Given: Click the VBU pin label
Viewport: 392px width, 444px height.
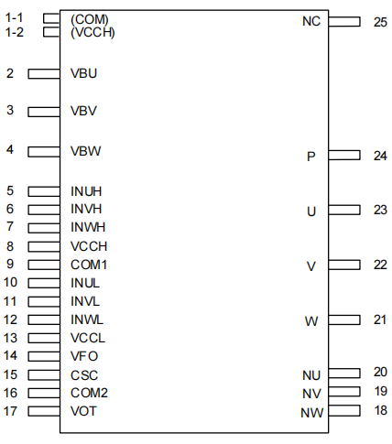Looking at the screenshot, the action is tap(83, 73).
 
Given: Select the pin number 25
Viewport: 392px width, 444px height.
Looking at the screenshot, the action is tap(380, 22).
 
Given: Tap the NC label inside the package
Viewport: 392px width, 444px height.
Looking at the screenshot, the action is tap(311, 21).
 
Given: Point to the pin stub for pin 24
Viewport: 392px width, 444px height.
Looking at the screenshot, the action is tap(344, 155).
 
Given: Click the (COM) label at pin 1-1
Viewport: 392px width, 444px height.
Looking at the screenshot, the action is tap(90, 20).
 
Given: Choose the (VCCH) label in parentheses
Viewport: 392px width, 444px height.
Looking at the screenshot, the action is tap(93, 33).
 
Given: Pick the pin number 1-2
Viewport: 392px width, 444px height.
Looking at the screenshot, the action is tap(15, 32).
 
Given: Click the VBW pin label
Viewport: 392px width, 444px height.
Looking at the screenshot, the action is tap(85, 151).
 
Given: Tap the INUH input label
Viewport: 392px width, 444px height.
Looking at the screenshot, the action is tap(86, 191).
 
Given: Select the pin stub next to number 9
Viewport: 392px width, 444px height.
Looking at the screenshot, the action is tap(44, 265).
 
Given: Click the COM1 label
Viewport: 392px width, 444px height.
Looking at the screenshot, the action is tap(89, 265).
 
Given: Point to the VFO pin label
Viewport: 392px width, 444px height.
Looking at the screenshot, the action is tap(84, 356).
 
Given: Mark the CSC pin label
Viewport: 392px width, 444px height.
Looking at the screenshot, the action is tap(84, 375).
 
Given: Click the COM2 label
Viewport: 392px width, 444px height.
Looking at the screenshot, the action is tap(89, 393).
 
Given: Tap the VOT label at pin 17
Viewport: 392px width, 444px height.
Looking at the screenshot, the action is tap(83, 411).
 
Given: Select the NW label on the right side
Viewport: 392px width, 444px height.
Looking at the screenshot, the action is tap(311, 413).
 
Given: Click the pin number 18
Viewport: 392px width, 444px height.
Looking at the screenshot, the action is tap(381, 410).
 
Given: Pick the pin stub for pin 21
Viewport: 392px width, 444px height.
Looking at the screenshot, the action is tap(344, 319).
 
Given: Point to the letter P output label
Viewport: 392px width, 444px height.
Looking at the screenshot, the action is tap(311, 157).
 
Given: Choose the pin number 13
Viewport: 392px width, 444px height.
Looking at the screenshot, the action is tap(10, 338).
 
